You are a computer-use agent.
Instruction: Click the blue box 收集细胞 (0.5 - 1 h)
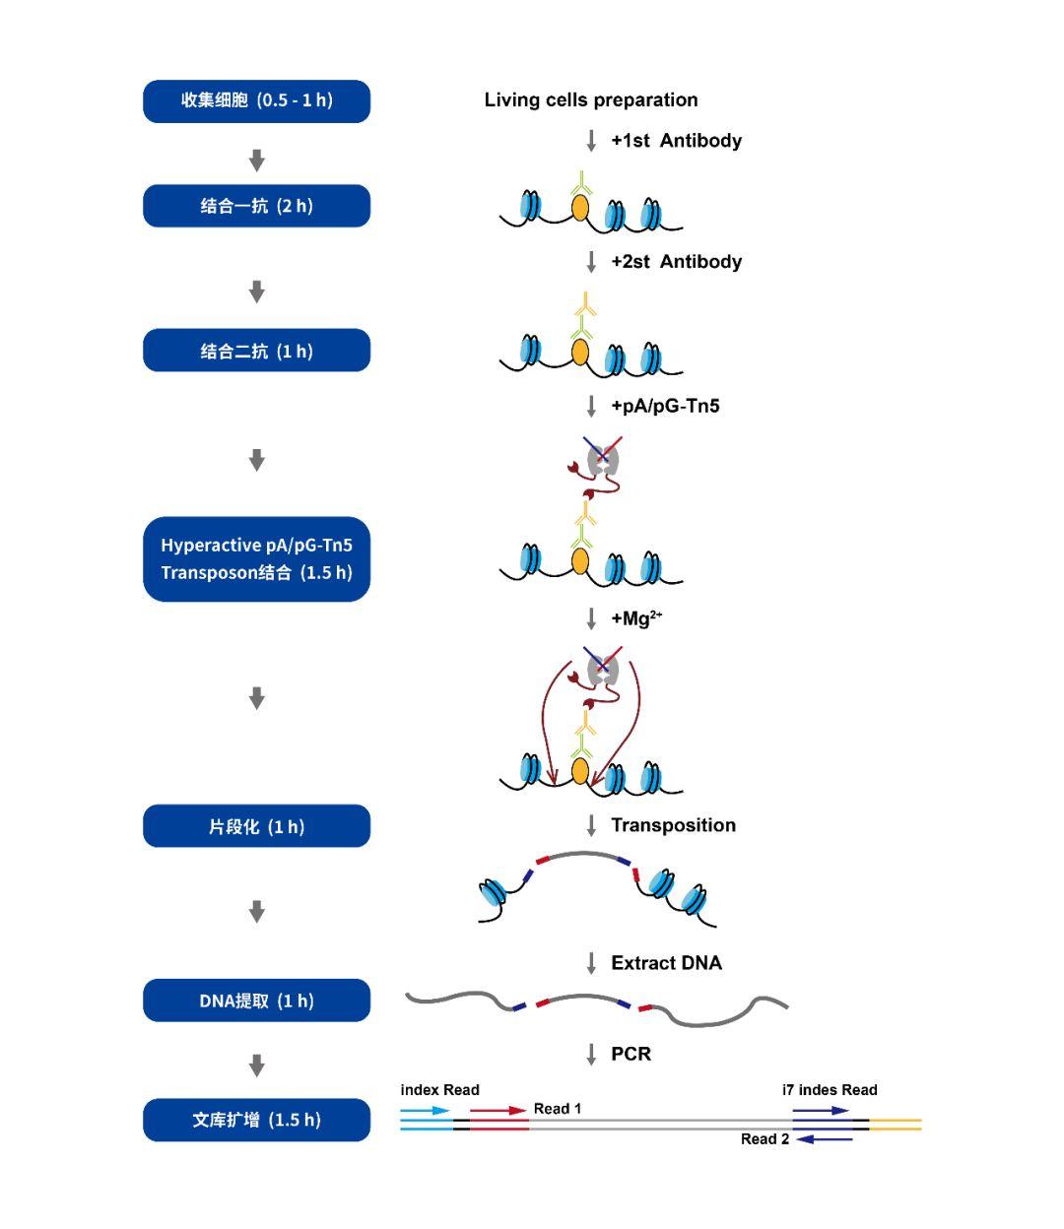(x=256, y=101)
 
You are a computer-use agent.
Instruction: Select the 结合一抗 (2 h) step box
(x=256, y=206)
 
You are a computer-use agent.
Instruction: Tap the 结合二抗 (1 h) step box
(x=256, y=351)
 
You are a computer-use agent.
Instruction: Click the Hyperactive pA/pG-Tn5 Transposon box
(x=256, y=559)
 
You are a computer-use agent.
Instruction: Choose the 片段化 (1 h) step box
(x=256, y=826)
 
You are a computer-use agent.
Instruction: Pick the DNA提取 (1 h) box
(x=256, y=1001)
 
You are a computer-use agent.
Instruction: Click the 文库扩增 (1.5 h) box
(x=256, y=1120)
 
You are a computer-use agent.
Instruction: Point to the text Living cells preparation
(x=590, y=99)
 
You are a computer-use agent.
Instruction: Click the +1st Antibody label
(x=676, y=141)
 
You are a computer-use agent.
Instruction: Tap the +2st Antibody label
(x=676, y=262)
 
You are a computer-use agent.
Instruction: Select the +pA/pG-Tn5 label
(x=665, y=406)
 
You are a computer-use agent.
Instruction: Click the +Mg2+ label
(x=636, y=618)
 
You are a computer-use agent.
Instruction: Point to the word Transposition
(x=673, y=825)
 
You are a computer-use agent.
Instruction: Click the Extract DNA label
(x=666, y=963)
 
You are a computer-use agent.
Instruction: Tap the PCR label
(x=632, y=1054)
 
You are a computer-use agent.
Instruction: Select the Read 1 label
(x=557, y=1109)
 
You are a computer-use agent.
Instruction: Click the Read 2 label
(x=765, y=1139)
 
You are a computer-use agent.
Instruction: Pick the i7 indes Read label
(x=830, y=1090)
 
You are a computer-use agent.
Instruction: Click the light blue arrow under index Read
(x=425, y=1110)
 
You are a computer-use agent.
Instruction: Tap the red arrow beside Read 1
(x=499, y=1110)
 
